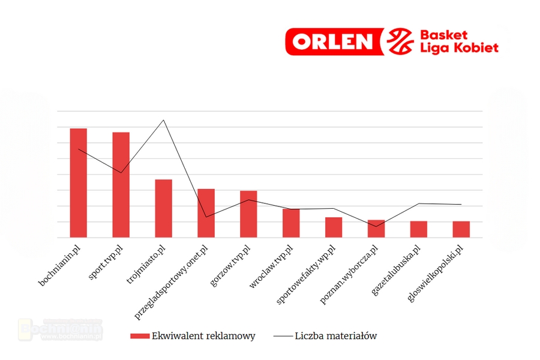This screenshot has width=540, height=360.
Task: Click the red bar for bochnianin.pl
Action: coord(79,183)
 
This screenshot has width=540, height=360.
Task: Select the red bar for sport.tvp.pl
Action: coord(121,185)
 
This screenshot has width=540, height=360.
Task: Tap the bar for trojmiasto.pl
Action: coord(164,208)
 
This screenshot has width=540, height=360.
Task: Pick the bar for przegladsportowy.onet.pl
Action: coord(206,213)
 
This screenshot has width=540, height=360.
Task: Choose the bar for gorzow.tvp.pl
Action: coord(249,214)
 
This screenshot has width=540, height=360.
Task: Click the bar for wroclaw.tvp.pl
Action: coord(291,223)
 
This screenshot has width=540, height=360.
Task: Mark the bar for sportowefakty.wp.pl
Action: coord(334,227)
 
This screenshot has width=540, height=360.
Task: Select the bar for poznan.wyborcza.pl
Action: coord(376,229)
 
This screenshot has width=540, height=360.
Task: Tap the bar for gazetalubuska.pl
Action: coord(419,229)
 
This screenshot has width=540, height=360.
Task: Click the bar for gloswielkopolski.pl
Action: coord(461,229)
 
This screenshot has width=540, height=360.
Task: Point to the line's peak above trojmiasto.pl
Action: coord(164,120)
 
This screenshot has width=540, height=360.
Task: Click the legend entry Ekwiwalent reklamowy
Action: coord(193,336)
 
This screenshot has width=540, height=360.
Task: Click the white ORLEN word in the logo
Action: coord(334,41)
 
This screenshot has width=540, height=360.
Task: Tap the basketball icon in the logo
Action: coord(400,41)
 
